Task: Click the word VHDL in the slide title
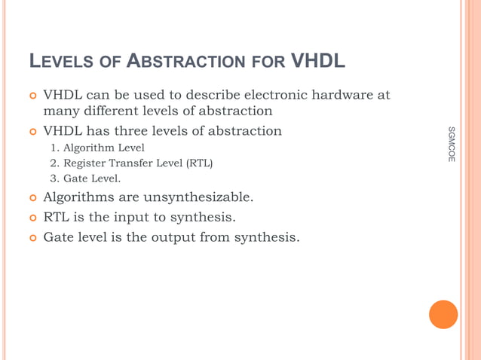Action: pyautogui.click(x=317, y=60)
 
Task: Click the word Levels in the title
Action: pyautogui.click(x=61, y=61)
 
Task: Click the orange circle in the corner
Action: pyautogui.click(x=443, y=315)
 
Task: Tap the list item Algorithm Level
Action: pyautogui.click(x=103, y=148)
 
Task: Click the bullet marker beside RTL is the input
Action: pyautogui.click(x=32, y=218)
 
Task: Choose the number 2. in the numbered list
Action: pyautogui.click(x=54, y=163)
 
